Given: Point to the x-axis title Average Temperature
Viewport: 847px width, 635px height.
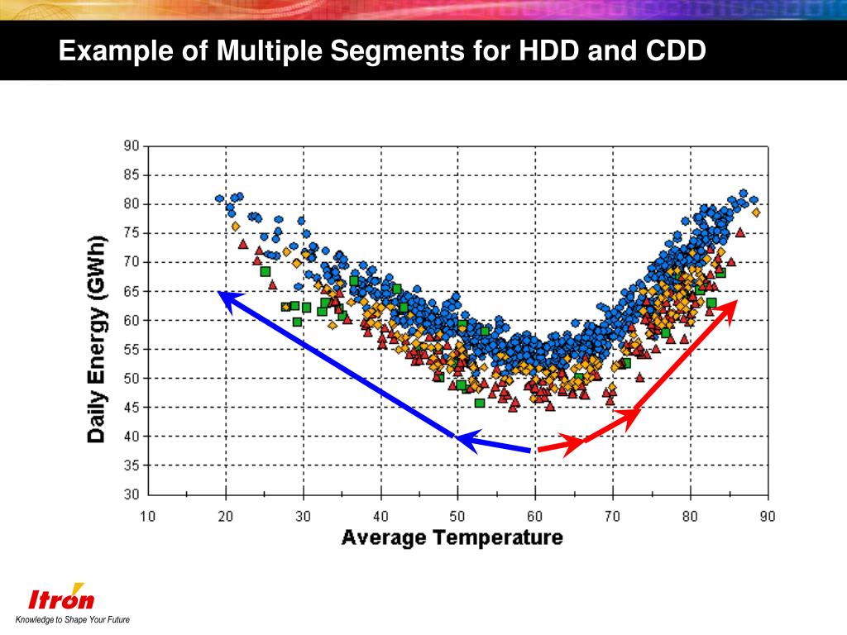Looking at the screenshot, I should tap(452, 537).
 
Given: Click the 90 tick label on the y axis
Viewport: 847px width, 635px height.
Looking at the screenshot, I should tap(131, 146).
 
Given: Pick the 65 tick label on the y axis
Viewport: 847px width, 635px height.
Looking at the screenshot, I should tap(131, 291).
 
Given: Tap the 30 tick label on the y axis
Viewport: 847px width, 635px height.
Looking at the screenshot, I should tap(131, 494).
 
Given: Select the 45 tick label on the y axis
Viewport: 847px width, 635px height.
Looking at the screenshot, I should tap(131, 407).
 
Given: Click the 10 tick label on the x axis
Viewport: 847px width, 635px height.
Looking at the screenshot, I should tap(147, 517).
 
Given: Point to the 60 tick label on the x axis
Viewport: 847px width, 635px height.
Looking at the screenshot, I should tap(535, 517).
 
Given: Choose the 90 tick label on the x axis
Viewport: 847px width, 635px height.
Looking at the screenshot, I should tap(768, 517).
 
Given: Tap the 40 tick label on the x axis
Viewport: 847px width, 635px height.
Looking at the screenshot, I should tap(380, 517).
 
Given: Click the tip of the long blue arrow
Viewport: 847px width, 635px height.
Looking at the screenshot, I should tap(220, 294).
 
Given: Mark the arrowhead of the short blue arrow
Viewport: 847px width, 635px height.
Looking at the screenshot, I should tap(459, 438).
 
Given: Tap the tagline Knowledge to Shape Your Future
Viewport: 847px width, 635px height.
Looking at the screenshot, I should tap(73, 620).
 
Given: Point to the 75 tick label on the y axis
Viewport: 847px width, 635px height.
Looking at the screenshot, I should tap(131, 233).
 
